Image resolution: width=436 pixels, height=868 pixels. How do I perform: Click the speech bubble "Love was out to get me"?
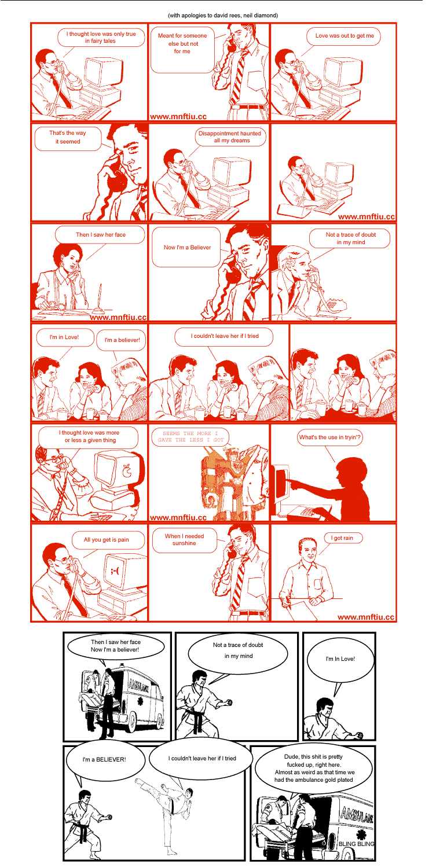[x=343, y=36]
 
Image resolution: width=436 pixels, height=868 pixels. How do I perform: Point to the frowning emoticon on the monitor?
[x=115, y=571]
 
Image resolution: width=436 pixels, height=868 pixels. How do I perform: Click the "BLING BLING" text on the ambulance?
[x=357, y=844]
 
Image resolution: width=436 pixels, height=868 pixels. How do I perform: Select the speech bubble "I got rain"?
[x=344, y=538]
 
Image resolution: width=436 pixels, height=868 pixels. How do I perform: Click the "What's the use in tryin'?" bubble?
[x=329, y=437]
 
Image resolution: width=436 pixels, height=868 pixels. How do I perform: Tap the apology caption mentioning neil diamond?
[x=223, y=16]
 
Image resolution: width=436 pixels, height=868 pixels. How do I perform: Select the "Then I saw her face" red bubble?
[x=100, y=235]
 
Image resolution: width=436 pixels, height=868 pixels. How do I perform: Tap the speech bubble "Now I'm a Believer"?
[x=186, y=247]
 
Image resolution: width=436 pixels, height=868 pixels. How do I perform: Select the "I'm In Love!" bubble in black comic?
[x=340, y=659]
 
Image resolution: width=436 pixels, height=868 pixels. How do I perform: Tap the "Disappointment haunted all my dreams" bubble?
[x=230, y=137]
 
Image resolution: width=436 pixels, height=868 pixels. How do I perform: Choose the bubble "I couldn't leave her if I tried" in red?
[x=224, y=336]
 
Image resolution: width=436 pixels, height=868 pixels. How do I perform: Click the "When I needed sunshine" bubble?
[x=184, y=540]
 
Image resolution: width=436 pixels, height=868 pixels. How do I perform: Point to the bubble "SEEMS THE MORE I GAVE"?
[x=190, y=436]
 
